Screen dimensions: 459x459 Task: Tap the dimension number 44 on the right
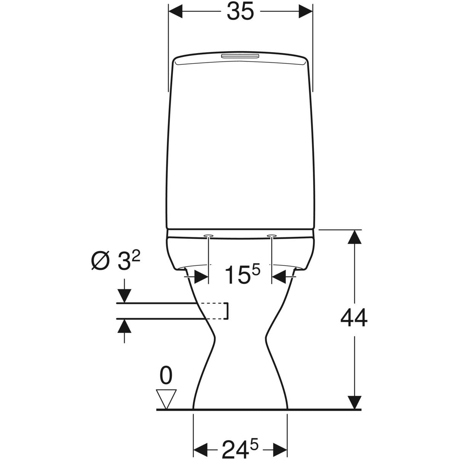tap(354, 318)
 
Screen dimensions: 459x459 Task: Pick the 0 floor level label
tap(165, 376)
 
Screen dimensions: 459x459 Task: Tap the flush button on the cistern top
tap(241, 57)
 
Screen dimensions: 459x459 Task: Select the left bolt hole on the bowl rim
tap(208, 235)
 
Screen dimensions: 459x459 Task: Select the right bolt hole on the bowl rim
tap(272, 235)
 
